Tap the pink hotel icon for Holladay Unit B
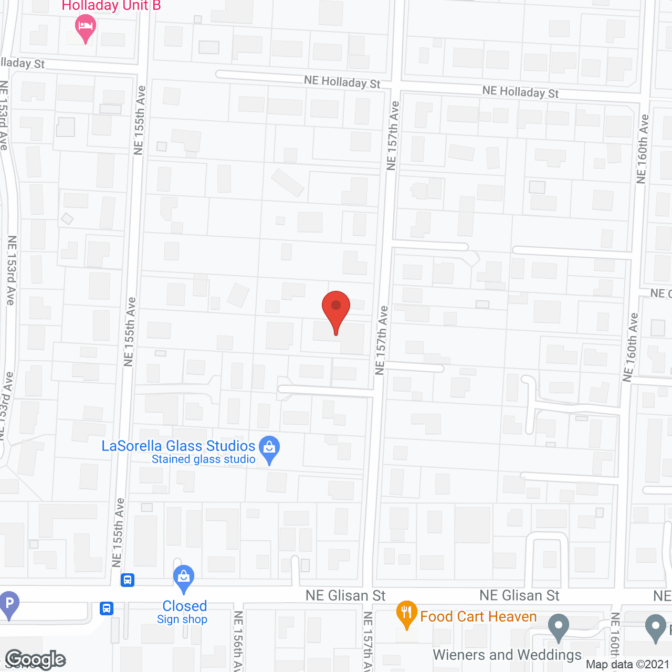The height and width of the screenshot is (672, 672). pyautogui.click(x=85, y=27)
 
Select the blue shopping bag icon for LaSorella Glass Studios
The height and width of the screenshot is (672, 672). pyautogui.click(x=269, y=449)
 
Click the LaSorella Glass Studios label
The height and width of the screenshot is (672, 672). pyautogui.click(x=178, y=446)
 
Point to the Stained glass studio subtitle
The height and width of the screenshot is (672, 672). pyautogui.click(x=203, y=459)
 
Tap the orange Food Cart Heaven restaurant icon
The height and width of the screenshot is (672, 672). pyautogui.click(x=406, y=613)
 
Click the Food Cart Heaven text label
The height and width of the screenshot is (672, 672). pyautogui.click(x=478, y=616)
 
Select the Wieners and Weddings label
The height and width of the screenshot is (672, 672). pyautogui.click(x=507, y=655)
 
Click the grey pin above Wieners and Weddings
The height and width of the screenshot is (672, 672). pyautogui.click(x=558, y=626)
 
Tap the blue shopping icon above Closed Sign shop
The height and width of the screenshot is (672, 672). pyautogui.click(x=184, y=578)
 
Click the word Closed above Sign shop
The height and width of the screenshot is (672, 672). pyautogui.click(x=185, y=606)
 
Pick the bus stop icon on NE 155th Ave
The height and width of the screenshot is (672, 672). pyautogui.click(x=128, y=580)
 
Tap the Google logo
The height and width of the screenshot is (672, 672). pyautogui.click(x=36, y=659)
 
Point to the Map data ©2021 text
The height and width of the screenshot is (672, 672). pyautogui.click(x=627, y=664)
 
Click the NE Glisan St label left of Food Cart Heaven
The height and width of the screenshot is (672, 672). pyautogui.click(x=345, y=595)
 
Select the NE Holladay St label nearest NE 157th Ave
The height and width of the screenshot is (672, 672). pyautogui.click(x=342, y=82)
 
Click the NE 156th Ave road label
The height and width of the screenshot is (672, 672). pyautogui.click(x=238, y=640)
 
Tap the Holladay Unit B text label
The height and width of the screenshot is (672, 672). pyautogui.click(x=111, y=6)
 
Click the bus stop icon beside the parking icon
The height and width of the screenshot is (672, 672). pyautogui.click(x=107, y=608)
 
